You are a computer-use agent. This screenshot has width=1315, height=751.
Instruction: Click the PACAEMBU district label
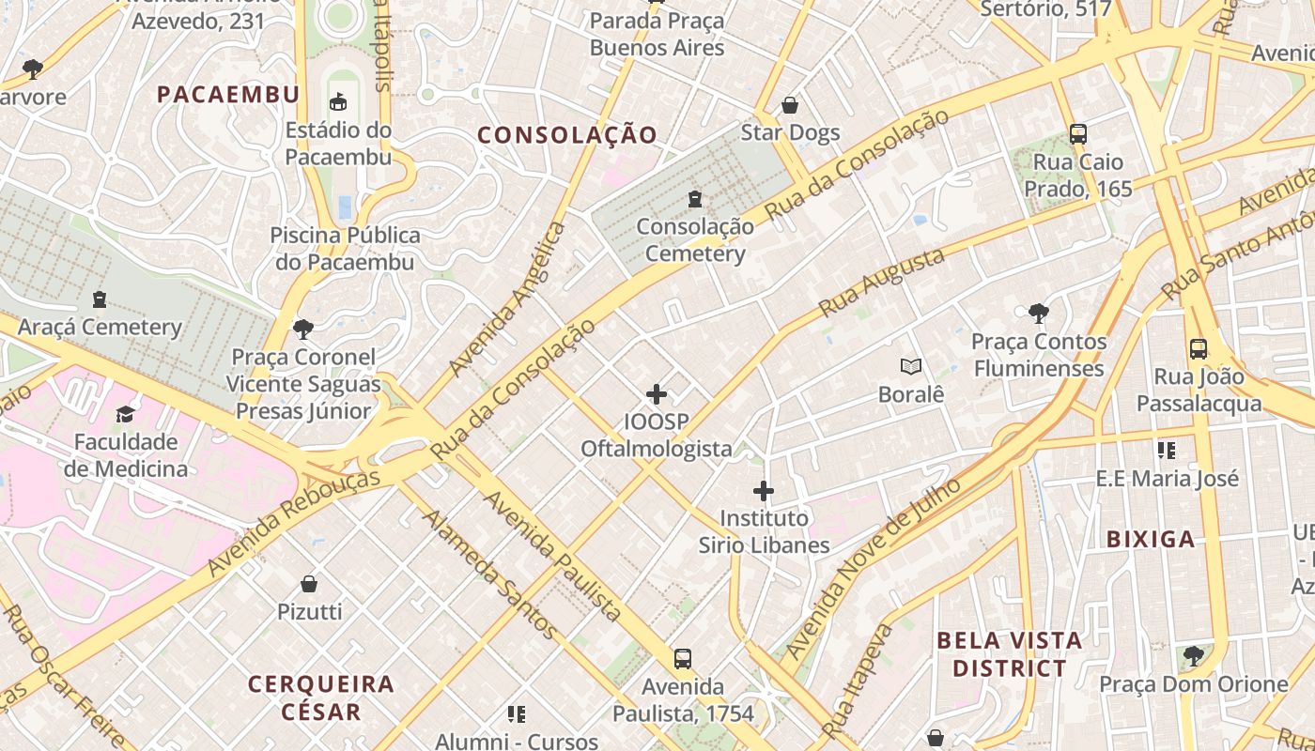point(228,94)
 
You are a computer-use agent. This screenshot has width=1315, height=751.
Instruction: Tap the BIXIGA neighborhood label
point(1151,539)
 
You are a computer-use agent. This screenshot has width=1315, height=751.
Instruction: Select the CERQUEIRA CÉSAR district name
point(321,697)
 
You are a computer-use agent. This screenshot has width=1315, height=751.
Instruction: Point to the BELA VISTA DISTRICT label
point(1010,654)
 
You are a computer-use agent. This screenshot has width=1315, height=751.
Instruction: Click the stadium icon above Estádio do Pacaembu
point(338,101)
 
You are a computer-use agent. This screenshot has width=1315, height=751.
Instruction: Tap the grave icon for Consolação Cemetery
point(694,199)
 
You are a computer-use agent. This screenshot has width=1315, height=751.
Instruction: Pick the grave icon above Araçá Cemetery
point(100,300)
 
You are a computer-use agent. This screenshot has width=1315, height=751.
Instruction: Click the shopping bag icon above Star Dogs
point(790,105)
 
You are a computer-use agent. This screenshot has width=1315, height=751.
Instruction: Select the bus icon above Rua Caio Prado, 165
point(1077,134)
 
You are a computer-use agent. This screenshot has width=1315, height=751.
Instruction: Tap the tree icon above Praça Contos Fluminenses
point(1038,314)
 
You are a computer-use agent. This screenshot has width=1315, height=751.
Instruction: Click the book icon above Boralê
point(910,367)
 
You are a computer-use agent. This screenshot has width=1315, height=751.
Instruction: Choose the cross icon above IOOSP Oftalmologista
point(657,394)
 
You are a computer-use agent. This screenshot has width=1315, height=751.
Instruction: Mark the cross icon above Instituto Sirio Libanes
point(764,490)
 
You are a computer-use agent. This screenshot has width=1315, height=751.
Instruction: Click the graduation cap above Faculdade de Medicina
point(125,414)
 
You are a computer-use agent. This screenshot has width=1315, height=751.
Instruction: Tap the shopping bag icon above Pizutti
point(309,584)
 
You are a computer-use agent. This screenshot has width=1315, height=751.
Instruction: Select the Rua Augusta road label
point(881,283)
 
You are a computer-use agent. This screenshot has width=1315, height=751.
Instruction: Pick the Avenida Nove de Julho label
point(874,568)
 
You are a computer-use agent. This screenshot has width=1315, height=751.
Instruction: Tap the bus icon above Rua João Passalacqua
point(1199,349)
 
